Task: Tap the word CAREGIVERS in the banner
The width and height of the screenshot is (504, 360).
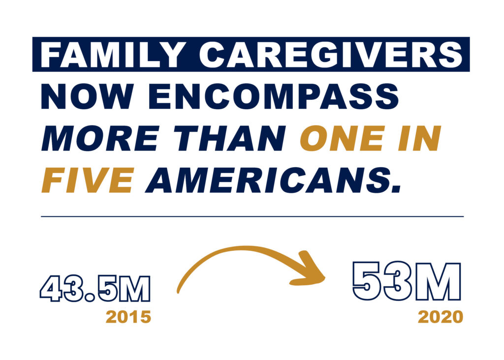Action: pos(331,55)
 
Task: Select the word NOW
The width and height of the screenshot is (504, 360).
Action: pos(87,97)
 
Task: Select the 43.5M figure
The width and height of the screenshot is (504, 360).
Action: pos(95,288)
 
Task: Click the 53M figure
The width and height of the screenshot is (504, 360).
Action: pos(407,281)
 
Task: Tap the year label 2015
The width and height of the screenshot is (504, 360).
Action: pos(128,317)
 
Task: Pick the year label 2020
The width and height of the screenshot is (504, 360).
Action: pos(441,317)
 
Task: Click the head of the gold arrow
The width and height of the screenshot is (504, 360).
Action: pos(325,278)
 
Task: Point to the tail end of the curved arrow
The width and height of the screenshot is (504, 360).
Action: pos(178,292)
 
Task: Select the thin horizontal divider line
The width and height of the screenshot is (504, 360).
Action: pos(252,216)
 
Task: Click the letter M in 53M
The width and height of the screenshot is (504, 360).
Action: pos(437,281)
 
